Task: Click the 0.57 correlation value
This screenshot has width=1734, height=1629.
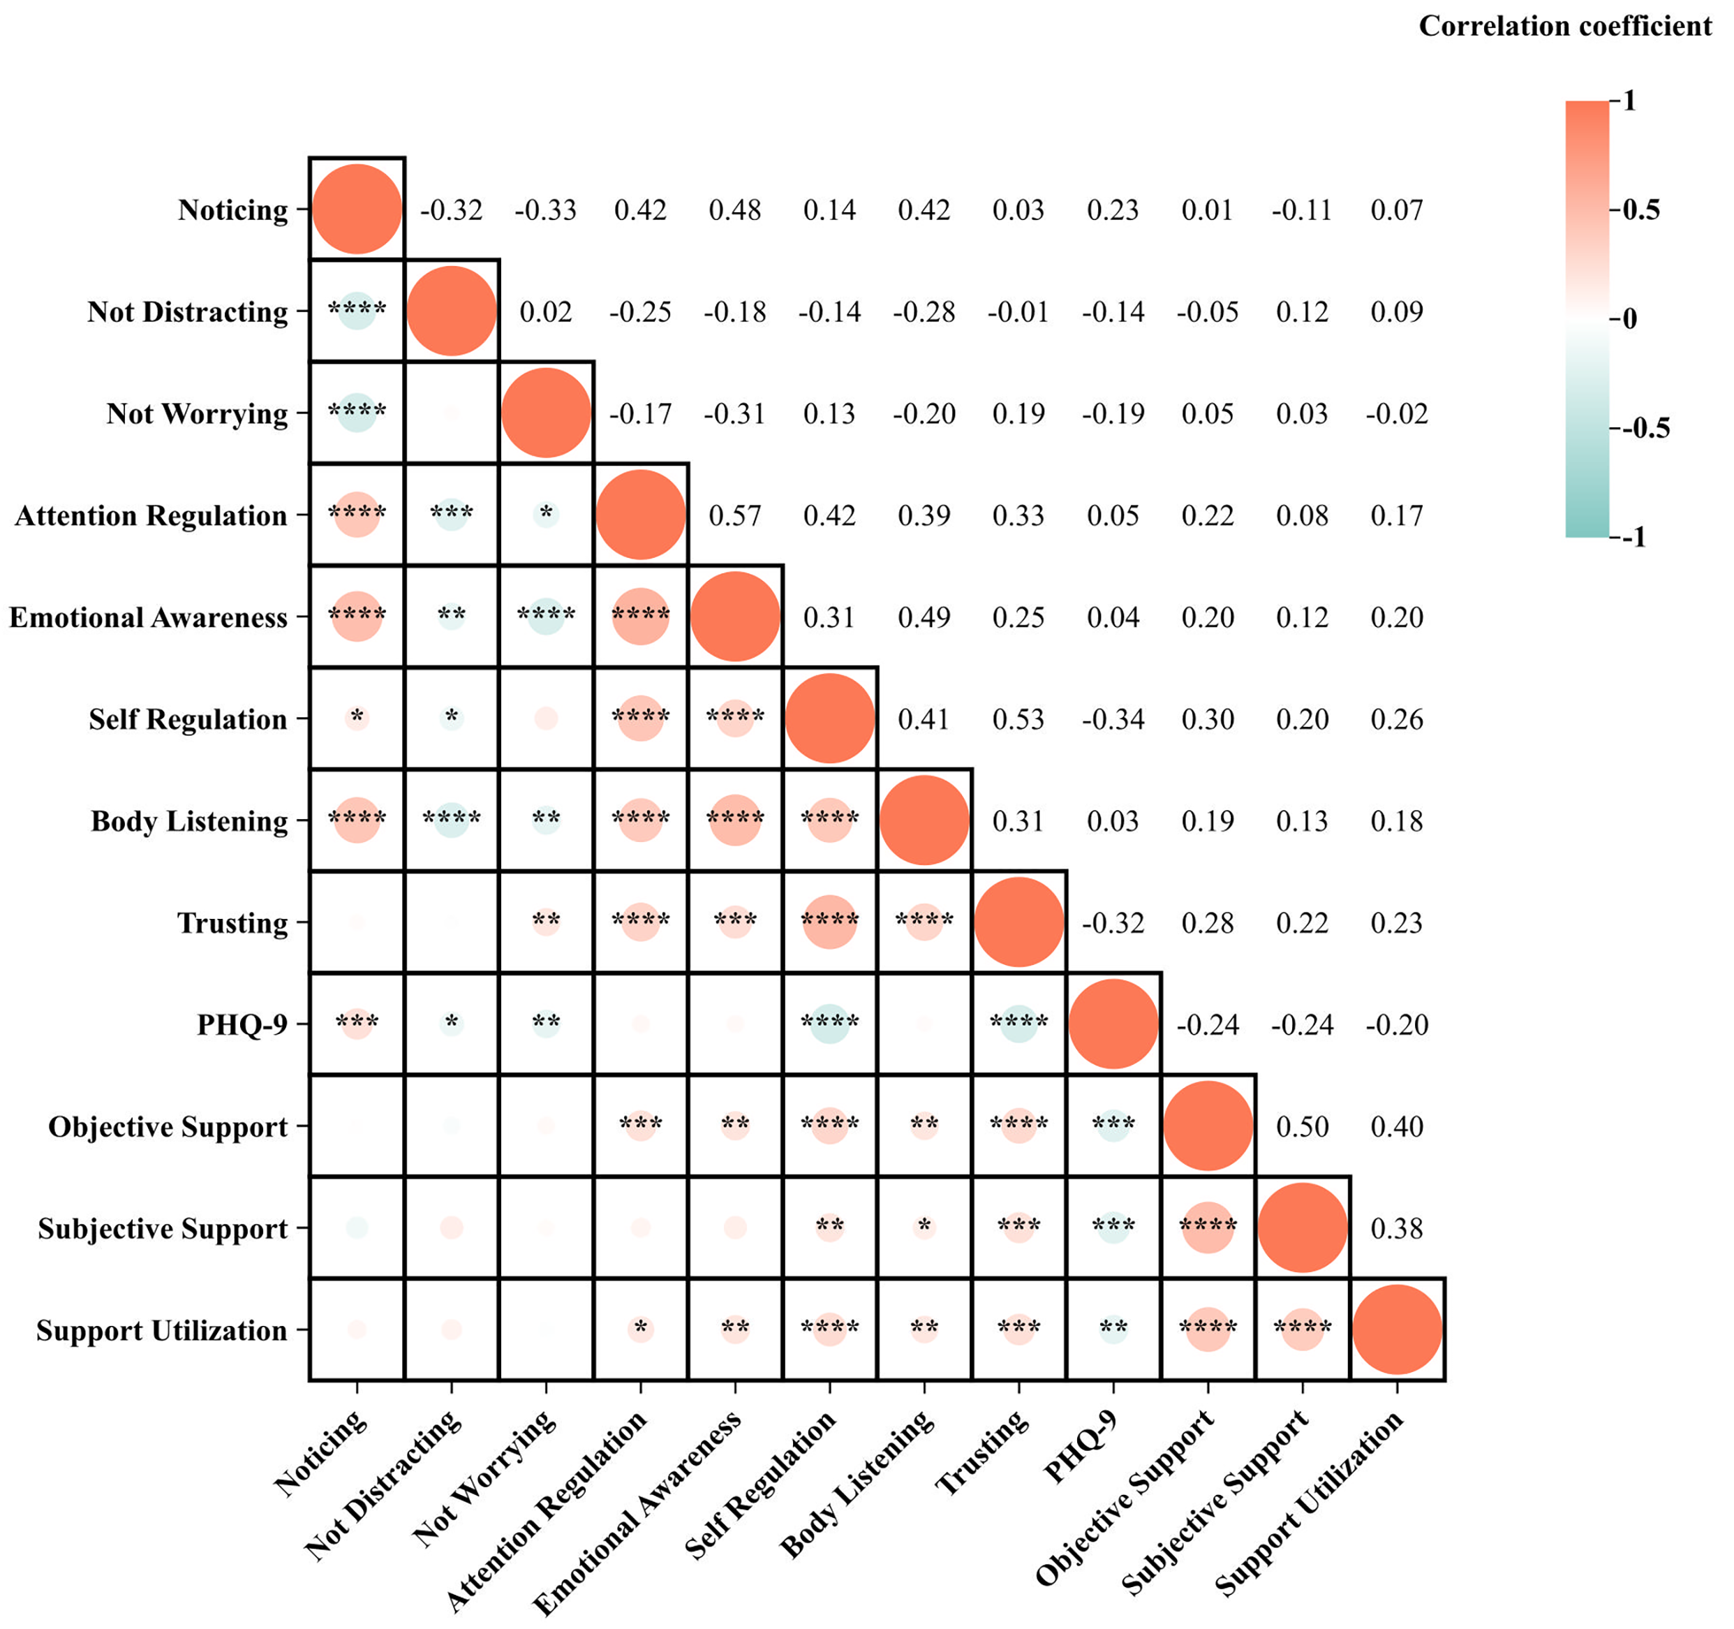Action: pos(734,516)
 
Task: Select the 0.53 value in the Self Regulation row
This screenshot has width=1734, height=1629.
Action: pos(1018,719)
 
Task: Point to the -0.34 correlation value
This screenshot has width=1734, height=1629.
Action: pos(1113,719)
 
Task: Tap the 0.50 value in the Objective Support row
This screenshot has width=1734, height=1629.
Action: pos(1302,1126)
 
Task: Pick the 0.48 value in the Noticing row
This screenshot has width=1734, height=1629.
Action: pos(734,210)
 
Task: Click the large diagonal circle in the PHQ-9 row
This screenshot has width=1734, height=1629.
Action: pos(1113,1024)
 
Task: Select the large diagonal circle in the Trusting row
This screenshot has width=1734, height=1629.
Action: pos(1018,922)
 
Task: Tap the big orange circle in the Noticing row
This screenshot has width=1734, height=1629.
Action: pos(357,209)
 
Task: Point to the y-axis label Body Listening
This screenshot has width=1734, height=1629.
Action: pos(189,821)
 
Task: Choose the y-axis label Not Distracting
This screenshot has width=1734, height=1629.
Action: pos(188,311)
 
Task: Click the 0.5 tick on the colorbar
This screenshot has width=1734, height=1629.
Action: pos(1640,210)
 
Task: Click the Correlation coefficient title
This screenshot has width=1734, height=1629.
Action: pos(1565,26)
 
